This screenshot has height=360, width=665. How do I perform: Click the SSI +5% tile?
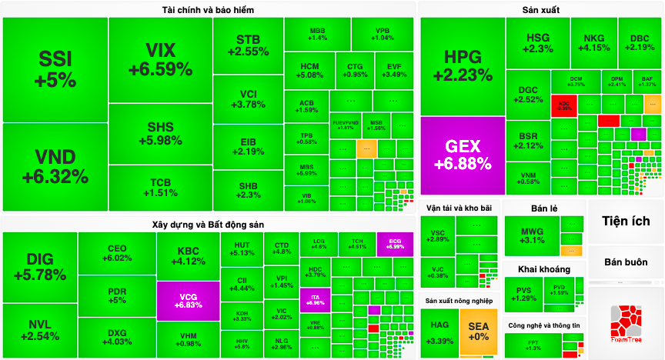tap(55, 69)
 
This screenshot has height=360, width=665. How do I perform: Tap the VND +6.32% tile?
tap(55, 168)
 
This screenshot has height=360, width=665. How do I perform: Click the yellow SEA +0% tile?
tap(479, 332)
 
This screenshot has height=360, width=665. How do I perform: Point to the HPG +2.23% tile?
tap(462, 66)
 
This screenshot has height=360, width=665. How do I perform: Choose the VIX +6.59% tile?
tap(160, 60)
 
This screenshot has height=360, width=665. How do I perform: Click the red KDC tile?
tap(564, 105)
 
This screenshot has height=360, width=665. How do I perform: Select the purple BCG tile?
tap(396, 244)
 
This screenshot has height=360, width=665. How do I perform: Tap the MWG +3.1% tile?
tap(532, 235)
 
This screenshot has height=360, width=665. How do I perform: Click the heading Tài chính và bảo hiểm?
tap(209, 10)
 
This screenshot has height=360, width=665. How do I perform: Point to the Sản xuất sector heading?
tap(541, 10)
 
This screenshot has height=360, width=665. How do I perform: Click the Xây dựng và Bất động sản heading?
tap(209, 223)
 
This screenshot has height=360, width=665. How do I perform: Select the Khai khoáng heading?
tap(544, 269)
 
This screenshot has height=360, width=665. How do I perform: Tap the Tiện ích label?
tap(626, 222)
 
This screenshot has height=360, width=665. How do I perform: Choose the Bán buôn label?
tap(626, 262)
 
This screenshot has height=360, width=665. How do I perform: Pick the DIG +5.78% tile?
tap(40, 266)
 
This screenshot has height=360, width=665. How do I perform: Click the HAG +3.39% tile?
tap(439, 332)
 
